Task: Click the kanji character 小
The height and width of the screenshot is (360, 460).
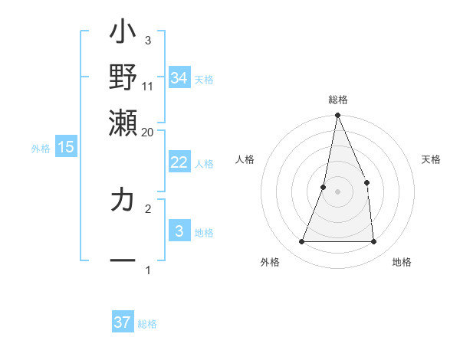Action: [x=123, y=34]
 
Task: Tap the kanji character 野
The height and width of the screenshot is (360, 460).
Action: [x=123, y=77]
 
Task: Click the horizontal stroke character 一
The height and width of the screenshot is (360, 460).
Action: [x=123, y=261]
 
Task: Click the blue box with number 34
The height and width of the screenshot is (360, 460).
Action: [x=179, y=77]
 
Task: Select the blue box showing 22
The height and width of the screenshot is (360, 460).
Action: [x=179, y=162]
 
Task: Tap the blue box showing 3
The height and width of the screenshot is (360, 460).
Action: [x=179, y=231]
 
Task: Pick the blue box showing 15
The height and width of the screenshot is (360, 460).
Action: [x=66, y=147]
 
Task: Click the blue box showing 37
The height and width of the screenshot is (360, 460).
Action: [x=123, y=322]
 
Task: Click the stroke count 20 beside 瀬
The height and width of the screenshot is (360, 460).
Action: [x=148, y=132]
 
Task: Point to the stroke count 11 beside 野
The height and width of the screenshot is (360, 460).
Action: [x=148, y=86]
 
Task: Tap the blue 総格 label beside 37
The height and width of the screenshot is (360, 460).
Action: [x=147, y=324]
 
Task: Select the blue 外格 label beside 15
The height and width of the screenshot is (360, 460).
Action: [x=41, y=149]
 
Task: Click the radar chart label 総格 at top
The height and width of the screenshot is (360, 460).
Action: [x=337, y=100]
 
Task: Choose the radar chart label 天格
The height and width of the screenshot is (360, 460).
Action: [x=432, y=159]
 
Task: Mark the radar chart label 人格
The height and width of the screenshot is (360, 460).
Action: [x=245, y=159]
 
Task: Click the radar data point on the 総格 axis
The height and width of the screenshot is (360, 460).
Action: [x=337, y=116]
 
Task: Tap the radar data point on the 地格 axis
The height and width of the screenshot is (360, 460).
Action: [x=374, y=242]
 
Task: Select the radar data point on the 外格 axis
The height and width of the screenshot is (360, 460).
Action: [x=301, y=242]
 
